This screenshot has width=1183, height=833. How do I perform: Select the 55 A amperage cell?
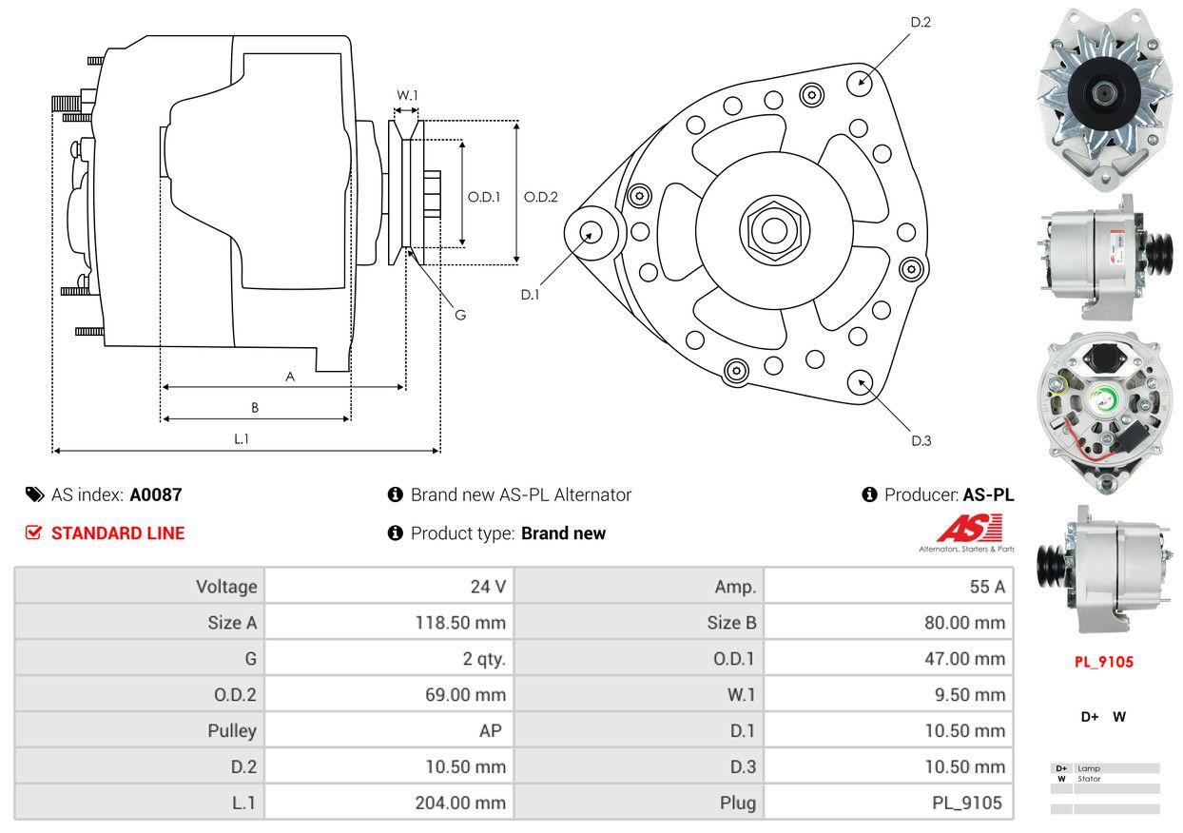986,587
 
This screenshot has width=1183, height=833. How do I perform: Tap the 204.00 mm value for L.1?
460,803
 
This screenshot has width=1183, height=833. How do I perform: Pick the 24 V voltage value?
488,587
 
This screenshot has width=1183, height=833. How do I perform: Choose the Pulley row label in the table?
232,731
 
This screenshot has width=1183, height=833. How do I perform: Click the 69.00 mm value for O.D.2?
465,695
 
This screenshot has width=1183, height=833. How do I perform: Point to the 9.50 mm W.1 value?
970,695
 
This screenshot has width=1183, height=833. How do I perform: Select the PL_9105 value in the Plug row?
966,803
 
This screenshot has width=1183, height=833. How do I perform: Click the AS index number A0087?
156,494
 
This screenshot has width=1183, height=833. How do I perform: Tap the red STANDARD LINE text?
118,533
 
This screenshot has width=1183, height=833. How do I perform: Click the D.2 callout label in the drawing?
921,22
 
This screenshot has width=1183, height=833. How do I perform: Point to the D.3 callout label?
921,440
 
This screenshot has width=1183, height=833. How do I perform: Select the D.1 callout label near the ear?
530,295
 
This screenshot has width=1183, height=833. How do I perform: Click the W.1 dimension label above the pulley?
407,95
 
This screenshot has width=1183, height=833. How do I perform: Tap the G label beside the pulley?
460,315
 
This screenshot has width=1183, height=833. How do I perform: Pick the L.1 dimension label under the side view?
242,438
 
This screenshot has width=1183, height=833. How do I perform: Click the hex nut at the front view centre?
769,229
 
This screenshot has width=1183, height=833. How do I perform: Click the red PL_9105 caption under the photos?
1104,662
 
